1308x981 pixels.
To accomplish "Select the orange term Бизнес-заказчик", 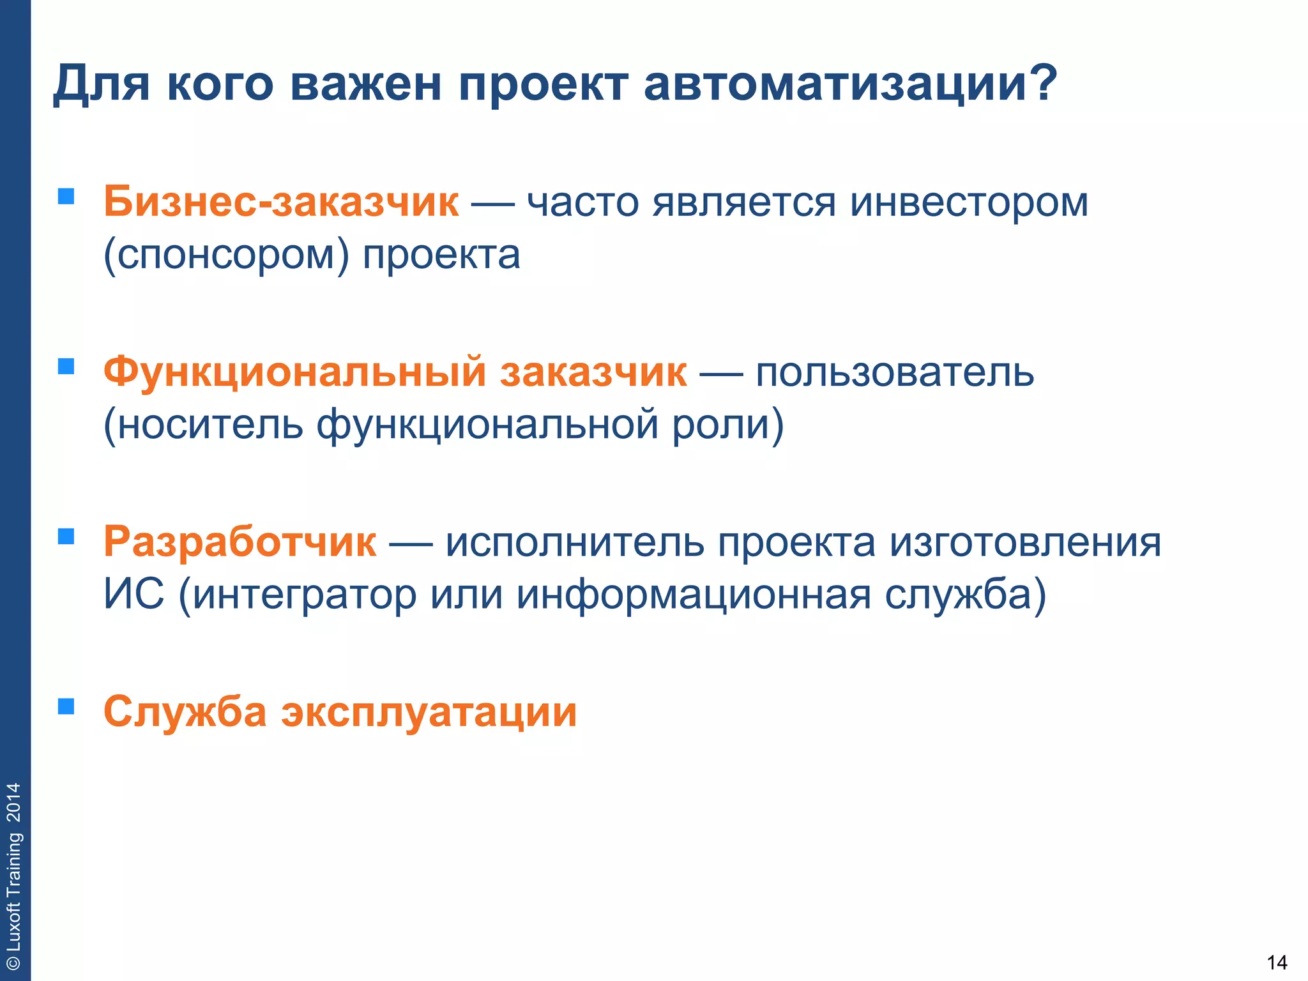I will (x=281, y=202).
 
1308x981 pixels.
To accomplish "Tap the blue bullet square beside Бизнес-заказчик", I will (x=66, y=195).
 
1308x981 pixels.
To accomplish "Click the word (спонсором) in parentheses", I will (x=226, y=255).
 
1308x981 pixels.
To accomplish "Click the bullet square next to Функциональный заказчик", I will (x=66, y=366).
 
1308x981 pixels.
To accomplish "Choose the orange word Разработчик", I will (x=240, y=542).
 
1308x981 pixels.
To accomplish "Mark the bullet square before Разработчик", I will (x=66, y=536).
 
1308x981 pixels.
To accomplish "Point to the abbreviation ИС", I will (x=133, y=594).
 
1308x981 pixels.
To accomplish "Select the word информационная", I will (x=694, y=594).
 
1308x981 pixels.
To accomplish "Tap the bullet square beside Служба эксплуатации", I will (x=66, y=706).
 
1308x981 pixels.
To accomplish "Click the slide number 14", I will (x=1276, y=962).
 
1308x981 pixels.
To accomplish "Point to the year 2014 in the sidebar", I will (x=13, y=803).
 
